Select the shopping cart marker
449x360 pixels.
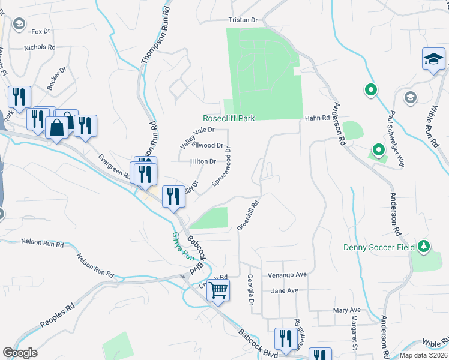tap(218, 290)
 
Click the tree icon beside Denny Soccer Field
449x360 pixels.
tap(424, 247)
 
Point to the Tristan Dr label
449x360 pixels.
tap(243, 20)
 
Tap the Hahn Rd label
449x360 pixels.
tap(317, 118)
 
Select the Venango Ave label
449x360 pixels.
tap(289, 274)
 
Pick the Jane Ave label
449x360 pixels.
tap(285, 290)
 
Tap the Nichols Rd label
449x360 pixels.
tap(40, 47)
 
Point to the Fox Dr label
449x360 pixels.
tap(40, 31)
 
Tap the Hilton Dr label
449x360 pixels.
tap(203, 161)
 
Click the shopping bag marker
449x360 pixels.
tap(57, 128)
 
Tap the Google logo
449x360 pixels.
tap(20, 353)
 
